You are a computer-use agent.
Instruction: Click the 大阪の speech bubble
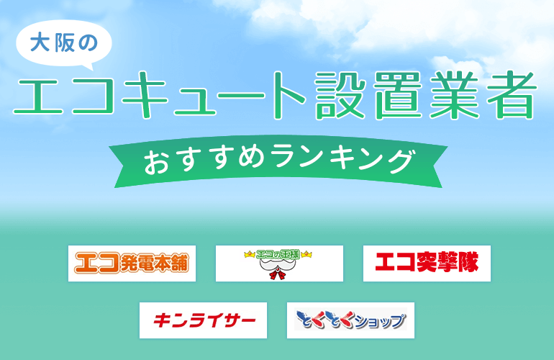63,43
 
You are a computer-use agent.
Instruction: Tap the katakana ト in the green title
288,95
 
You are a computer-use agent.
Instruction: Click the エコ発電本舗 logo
132,264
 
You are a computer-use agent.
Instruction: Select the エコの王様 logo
279,264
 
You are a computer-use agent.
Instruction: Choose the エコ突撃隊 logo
427,264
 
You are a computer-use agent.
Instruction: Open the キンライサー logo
203,320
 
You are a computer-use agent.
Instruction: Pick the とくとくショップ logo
350,320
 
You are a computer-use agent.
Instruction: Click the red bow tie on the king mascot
278,274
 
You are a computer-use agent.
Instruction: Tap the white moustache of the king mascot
278,264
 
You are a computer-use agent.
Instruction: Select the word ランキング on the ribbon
343,160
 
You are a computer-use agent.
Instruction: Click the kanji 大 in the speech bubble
40,42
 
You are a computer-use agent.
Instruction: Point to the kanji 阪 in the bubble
64,42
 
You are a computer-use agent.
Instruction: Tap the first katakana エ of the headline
38,96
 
